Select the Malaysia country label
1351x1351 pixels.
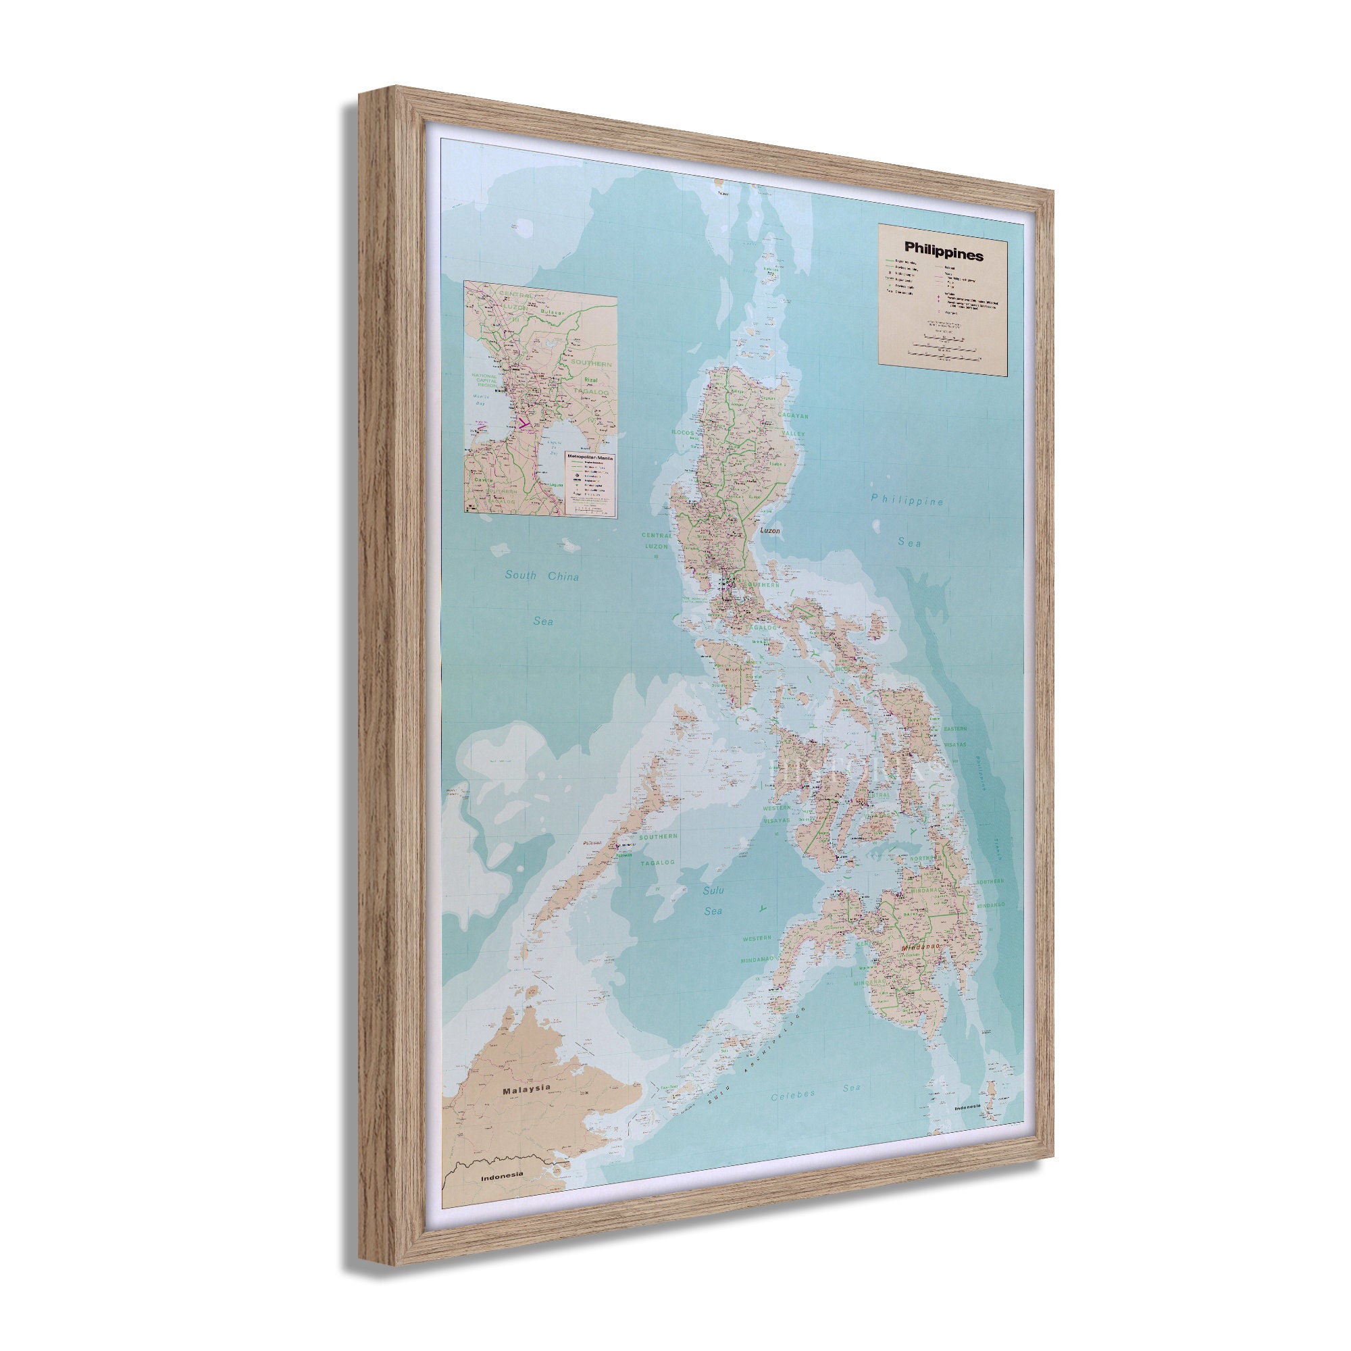click(x=526, y=1109)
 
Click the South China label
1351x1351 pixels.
click(x=542, y=576)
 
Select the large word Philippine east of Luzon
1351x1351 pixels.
click(x=907, y=500)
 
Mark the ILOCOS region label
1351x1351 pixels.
click(x=682, y=433)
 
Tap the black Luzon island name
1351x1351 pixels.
click(x=769, y=530)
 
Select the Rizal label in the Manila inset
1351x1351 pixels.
click(x=592, y=380)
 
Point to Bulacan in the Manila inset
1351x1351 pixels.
click(x=553, y=313)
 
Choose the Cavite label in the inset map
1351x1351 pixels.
click(x=483, y=480)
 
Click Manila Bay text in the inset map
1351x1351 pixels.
click(x=480, y=400)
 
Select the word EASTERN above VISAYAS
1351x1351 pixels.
click(x=954, y=729)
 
